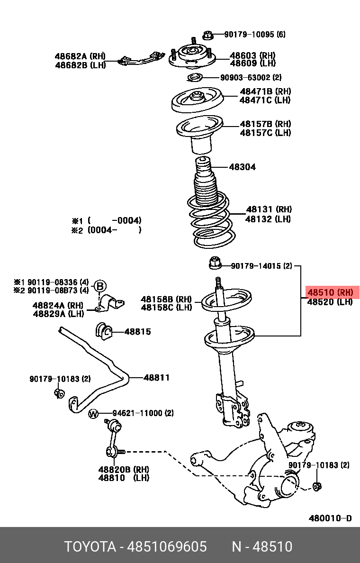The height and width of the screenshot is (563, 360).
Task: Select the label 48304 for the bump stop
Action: (242, 167)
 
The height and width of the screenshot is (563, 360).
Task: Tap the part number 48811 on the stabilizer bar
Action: (156, 378)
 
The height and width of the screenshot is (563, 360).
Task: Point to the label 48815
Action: (137, 331)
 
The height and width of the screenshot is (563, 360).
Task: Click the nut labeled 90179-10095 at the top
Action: (207, 35)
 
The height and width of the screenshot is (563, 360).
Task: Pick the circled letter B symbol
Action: (100, 286)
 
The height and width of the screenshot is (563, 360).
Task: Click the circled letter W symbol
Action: (94, 414)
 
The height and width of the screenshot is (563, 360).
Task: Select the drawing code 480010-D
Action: (330, 518)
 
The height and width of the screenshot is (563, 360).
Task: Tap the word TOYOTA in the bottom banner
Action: (90, 547)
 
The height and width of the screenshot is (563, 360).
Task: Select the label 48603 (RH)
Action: (252, 55)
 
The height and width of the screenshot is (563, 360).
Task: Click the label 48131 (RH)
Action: (268, 209)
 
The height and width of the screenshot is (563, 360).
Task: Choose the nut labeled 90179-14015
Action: (215, 262)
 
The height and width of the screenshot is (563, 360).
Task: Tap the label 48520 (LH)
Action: (330, 302)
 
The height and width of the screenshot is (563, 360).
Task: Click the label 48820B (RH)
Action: (123, 469)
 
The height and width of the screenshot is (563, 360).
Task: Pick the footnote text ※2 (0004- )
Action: (107, 230)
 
